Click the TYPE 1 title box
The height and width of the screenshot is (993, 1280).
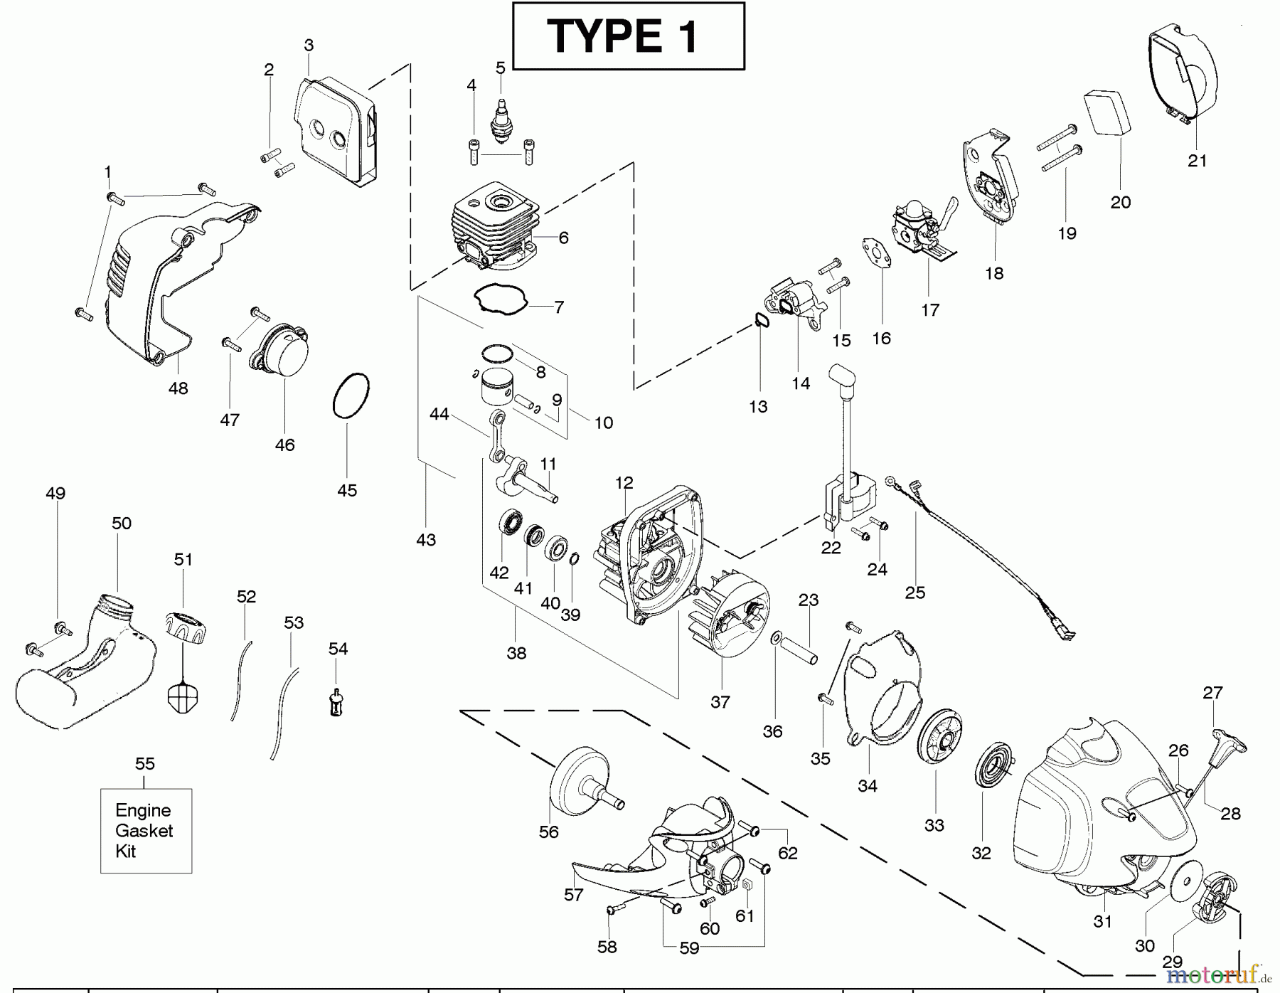tap(628, 36)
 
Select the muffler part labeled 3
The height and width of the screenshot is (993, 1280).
tap(334, 135)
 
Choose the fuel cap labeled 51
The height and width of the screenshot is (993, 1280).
tap(186, 626)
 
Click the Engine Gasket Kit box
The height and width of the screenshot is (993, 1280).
tap(146, 830)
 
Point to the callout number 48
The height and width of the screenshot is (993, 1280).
tap(178, 388)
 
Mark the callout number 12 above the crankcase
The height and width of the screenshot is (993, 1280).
tap(624, 484)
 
